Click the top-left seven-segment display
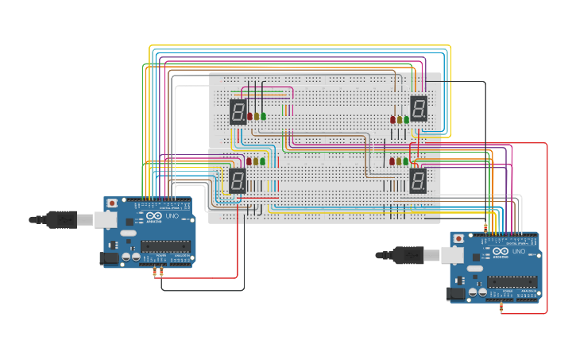click(238, 111)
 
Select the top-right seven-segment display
click(419, 107)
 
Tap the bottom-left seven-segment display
click(238, 180)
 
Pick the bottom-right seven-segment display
click(418, 180)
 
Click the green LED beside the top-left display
click(264, 116)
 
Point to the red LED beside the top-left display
click(249, 116)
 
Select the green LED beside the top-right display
click(407, 120)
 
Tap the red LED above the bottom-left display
click(249, 161)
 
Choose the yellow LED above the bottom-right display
click(400, 161)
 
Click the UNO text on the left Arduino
click(171, 216)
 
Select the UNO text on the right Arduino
click(517, 251)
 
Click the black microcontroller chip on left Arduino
click(167, 246)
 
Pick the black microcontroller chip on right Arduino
click(512, 281)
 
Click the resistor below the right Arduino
click(501, 308)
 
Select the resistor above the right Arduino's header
click(485, 226)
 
